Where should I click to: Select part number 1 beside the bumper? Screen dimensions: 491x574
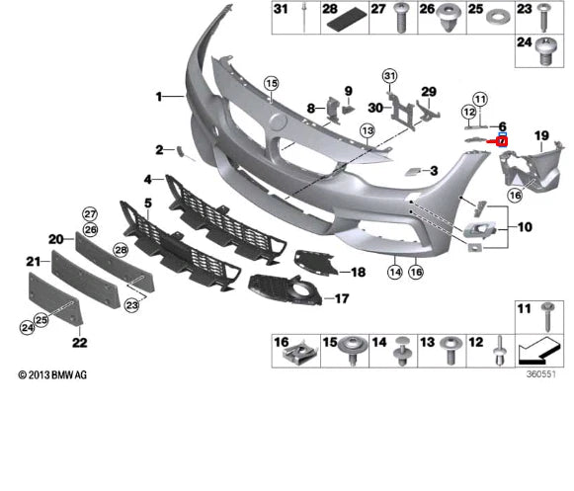tap(157, 96)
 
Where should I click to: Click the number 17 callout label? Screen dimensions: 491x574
tap(341, 297)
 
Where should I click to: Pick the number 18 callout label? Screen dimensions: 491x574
tap(358, 272)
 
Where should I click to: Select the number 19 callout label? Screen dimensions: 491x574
tap(541, 134)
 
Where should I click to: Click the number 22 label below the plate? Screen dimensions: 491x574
tap(79, 343)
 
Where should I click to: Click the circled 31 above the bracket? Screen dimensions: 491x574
tap(389, 76)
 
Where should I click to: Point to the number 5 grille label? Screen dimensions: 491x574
tap(147, 203)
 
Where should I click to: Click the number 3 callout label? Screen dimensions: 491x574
tap(433, 171)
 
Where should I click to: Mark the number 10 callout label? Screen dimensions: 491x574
tap(524, 226)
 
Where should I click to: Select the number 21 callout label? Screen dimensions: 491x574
tap(32, 262)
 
